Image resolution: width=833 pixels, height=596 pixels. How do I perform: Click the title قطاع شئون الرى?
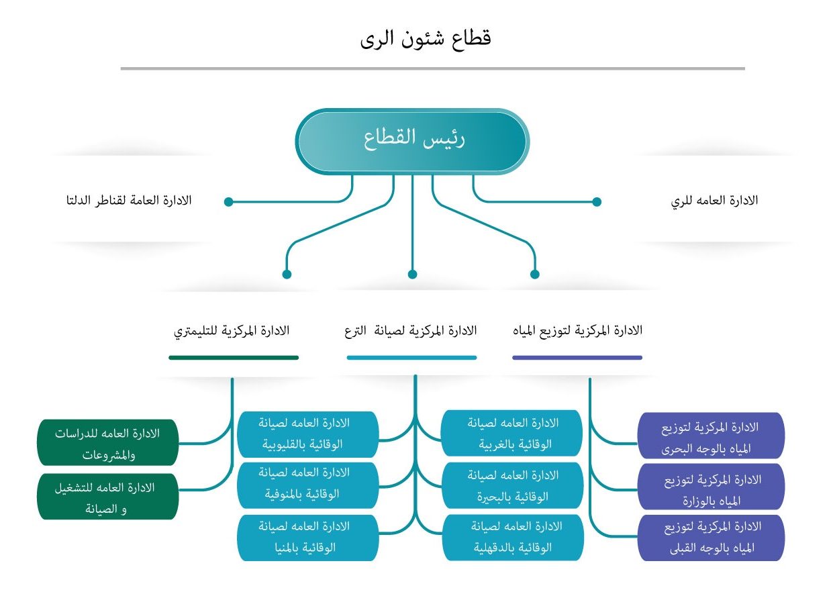pyautogui.click(x=426, y=39)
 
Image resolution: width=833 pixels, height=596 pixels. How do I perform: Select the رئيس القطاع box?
pyautogui.click(x=413, y=141)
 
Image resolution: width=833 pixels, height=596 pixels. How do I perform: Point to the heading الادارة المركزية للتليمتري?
pyautogui.click(x=232, y=330)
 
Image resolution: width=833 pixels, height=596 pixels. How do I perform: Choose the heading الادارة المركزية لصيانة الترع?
pyautogui.click(x=412, y=330)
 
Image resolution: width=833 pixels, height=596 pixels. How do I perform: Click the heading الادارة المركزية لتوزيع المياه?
pyautogui.click(x=577, y=330)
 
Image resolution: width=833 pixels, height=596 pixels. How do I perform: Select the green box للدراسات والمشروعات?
pyautogui.click(x=108, y=442)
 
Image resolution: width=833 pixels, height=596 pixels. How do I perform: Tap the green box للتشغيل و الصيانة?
pyautogui.click(x=108, y=497)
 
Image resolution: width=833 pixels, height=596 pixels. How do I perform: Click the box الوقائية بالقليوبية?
pyautogui.click(x=307, y=434)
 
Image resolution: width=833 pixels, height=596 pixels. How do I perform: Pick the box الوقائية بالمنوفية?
pyautogui.click(x=307, y=483)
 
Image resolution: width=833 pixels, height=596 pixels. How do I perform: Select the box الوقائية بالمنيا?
pyautogui.click(x=307, y=537)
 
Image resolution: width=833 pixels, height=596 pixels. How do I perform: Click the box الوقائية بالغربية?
pyautogui.click(x=512, y=434)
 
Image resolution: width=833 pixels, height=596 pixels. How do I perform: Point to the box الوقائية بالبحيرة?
pyautogui.click(x=512, y=486)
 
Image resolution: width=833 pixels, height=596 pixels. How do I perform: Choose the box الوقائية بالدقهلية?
pyautogui.click(x=512, y=537)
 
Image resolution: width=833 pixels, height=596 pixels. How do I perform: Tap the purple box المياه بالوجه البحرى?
pyautogui.click(x=711, y=436)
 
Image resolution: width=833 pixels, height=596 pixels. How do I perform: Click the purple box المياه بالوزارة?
pyautogui.click(x=711, y=489)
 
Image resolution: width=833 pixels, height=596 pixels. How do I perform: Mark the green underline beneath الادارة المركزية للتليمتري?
pyautogui.click(x=234, y=358)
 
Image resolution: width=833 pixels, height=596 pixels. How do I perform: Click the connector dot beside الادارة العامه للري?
pyautogui.click(x=596, y=201)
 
